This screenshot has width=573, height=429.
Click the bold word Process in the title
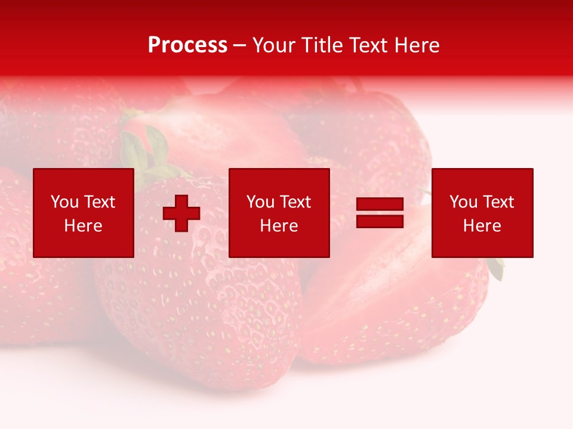click(187, 45)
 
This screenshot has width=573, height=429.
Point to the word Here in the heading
click(417, 45)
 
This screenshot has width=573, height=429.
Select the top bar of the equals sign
click(380, 204)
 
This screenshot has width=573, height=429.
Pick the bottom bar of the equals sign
click(380, 222)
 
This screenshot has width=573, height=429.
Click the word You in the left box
click(64, 202)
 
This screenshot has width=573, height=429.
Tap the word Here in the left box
click(83, 226)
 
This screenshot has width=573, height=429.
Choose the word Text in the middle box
click(294, 202)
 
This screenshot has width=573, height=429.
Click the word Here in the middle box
click(279, 226)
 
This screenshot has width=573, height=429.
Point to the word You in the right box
click(463, 202)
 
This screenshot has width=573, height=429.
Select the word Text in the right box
click(497, 202)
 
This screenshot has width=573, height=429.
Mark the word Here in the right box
click(482, 226)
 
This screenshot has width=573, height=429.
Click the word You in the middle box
click(260, 202)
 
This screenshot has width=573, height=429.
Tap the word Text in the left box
click(98, 202)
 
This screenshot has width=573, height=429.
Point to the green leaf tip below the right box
click(497, 269)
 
